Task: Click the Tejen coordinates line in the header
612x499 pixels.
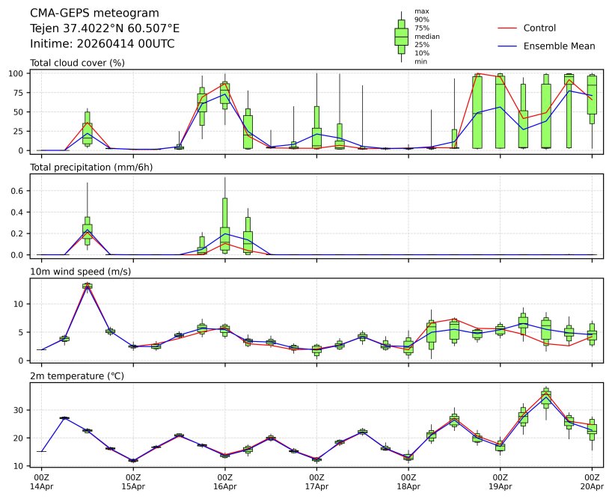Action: [105, 28]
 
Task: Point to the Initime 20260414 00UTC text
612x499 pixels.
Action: [102, 44]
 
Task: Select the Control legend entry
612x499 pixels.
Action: [539, 28]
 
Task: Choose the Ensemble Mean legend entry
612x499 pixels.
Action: [559, 46]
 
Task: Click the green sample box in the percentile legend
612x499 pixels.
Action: [401, 36]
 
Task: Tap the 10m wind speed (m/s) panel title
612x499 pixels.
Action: [81, 271]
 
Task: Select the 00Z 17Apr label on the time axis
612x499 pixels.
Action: [316, 482]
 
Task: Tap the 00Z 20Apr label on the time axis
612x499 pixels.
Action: [592, 482]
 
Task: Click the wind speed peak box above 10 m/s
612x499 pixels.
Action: [88, 286]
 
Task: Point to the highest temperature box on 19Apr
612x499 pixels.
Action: [546, 397]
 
